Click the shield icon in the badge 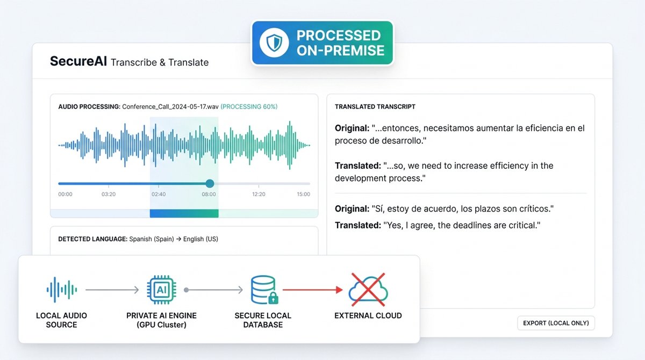[274, 42]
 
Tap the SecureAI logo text [78, 61]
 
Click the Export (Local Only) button [556, 323]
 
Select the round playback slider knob [210, 183]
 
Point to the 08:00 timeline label [209, 195]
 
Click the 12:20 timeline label [259, 195]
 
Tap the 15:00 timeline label [304, 195]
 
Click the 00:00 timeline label [66, 195]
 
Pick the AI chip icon [162, 290]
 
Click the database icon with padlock [264, 290]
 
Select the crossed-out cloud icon [368, 289]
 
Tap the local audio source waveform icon [62, 290]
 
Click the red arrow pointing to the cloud [313, 290]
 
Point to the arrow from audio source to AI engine [112, 290]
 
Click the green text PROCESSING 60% [249, 107]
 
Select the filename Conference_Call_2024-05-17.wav [170, 107]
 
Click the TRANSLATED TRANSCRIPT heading [375, 107]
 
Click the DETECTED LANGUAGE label [92, 239]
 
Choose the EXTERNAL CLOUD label [368, 316]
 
